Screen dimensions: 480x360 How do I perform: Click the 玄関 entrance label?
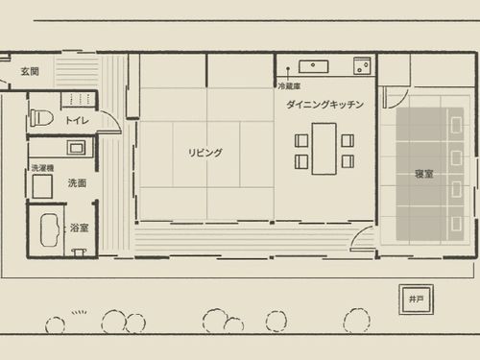click(x=30, y=71)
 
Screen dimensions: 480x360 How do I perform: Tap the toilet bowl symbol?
click(x=41, y=118)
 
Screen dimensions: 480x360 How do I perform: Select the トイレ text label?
click(x=77, y=120)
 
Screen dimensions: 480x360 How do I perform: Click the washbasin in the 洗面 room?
click(x=76, y=148)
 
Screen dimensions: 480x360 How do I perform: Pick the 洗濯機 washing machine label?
click(x=42, y=168)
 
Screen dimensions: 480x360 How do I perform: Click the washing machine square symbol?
click(x=42, y=186)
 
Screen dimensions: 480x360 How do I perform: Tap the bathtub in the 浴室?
click(x=50, y=229)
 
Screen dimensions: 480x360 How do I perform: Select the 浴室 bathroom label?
click(x=79, y=228)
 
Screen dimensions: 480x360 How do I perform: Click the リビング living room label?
click(x=204, y=153)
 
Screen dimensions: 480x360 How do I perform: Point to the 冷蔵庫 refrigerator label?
click(x=289, y=85)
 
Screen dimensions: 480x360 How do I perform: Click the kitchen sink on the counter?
click(x=314, y=66)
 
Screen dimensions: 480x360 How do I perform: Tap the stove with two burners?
click(x=362, y=65)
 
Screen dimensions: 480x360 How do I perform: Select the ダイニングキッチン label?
click(x=324, y=105)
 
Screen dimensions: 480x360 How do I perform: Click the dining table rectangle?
click(x=324, y=149)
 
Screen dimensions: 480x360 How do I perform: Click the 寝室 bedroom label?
click(x=423, y=174)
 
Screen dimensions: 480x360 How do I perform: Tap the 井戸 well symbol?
click(x=417, y=300)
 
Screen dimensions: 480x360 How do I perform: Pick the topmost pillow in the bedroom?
click(x=456, y=124)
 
